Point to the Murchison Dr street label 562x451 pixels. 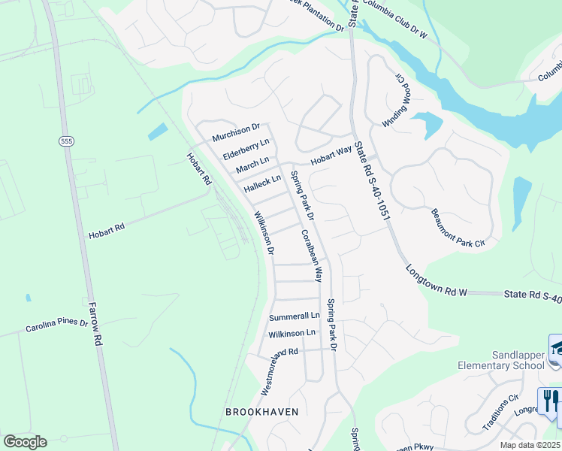pos(235,132)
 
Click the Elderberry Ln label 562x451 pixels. pos(246,148)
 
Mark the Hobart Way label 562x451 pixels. pos(332,153)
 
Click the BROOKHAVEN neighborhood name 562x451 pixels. pos(262,411)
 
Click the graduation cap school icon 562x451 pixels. pos(556,347)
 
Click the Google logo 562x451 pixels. pos(25,441)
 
